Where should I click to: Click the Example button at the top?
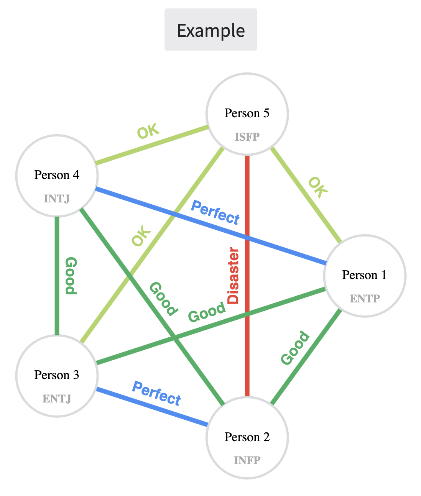tap(211, 30)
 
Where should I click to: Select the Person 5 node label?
tap(247, 113)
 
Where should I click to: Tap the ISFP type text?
tap(247, 137)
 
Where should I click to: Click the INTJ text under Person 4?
tap(57, 199)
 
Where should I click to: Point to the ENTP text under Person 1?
tap(365, 299)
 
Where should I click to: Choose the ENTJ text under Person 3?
tap(57, 399)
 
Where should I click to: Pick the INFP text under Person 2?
tap(247, 460)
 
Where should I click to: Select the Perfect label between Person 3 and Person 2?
tap(156, 393)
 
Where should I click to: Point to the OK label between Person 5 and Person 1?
tap(318, 187)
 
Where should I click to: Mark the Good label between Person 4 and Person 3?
tap(71, 276)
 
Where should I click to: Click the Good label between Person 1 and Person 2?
tap(295, 348)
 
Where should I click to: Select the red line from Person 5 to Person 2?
tap(247, 345)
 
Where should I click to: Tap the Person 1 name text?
tap(364, 275)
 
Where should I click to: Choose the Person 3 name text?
tap(57, 375)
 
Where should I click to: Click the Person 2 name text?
tap(247, 437)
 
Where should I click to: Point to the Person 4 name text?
tap(57, 175)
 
